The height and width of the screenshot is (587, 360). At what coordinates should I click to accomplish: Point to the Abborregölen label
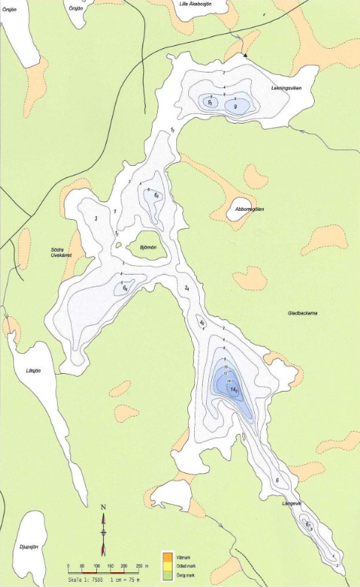[x=250, y=209]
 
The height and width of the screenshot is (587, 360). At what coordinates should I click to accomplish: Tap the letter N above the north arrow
[x=104, y=507]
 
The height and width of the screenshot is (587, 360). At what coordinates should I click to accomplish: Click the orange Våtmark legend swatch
[x=168, y=555]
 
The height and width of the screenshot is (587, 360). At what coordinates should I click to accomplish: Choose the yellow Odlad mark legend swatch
[x=168, y=565]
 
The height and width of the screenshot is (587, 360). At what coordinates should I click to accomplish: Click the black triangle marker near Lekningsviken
[x=244, y=55]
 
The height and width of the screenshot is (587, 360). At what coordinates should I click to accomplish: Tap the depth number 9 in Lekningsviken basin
[x=236, y=107]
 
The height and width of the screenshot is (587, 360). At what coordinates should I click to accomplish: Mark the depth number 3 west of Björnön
[x=96, y=218]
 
